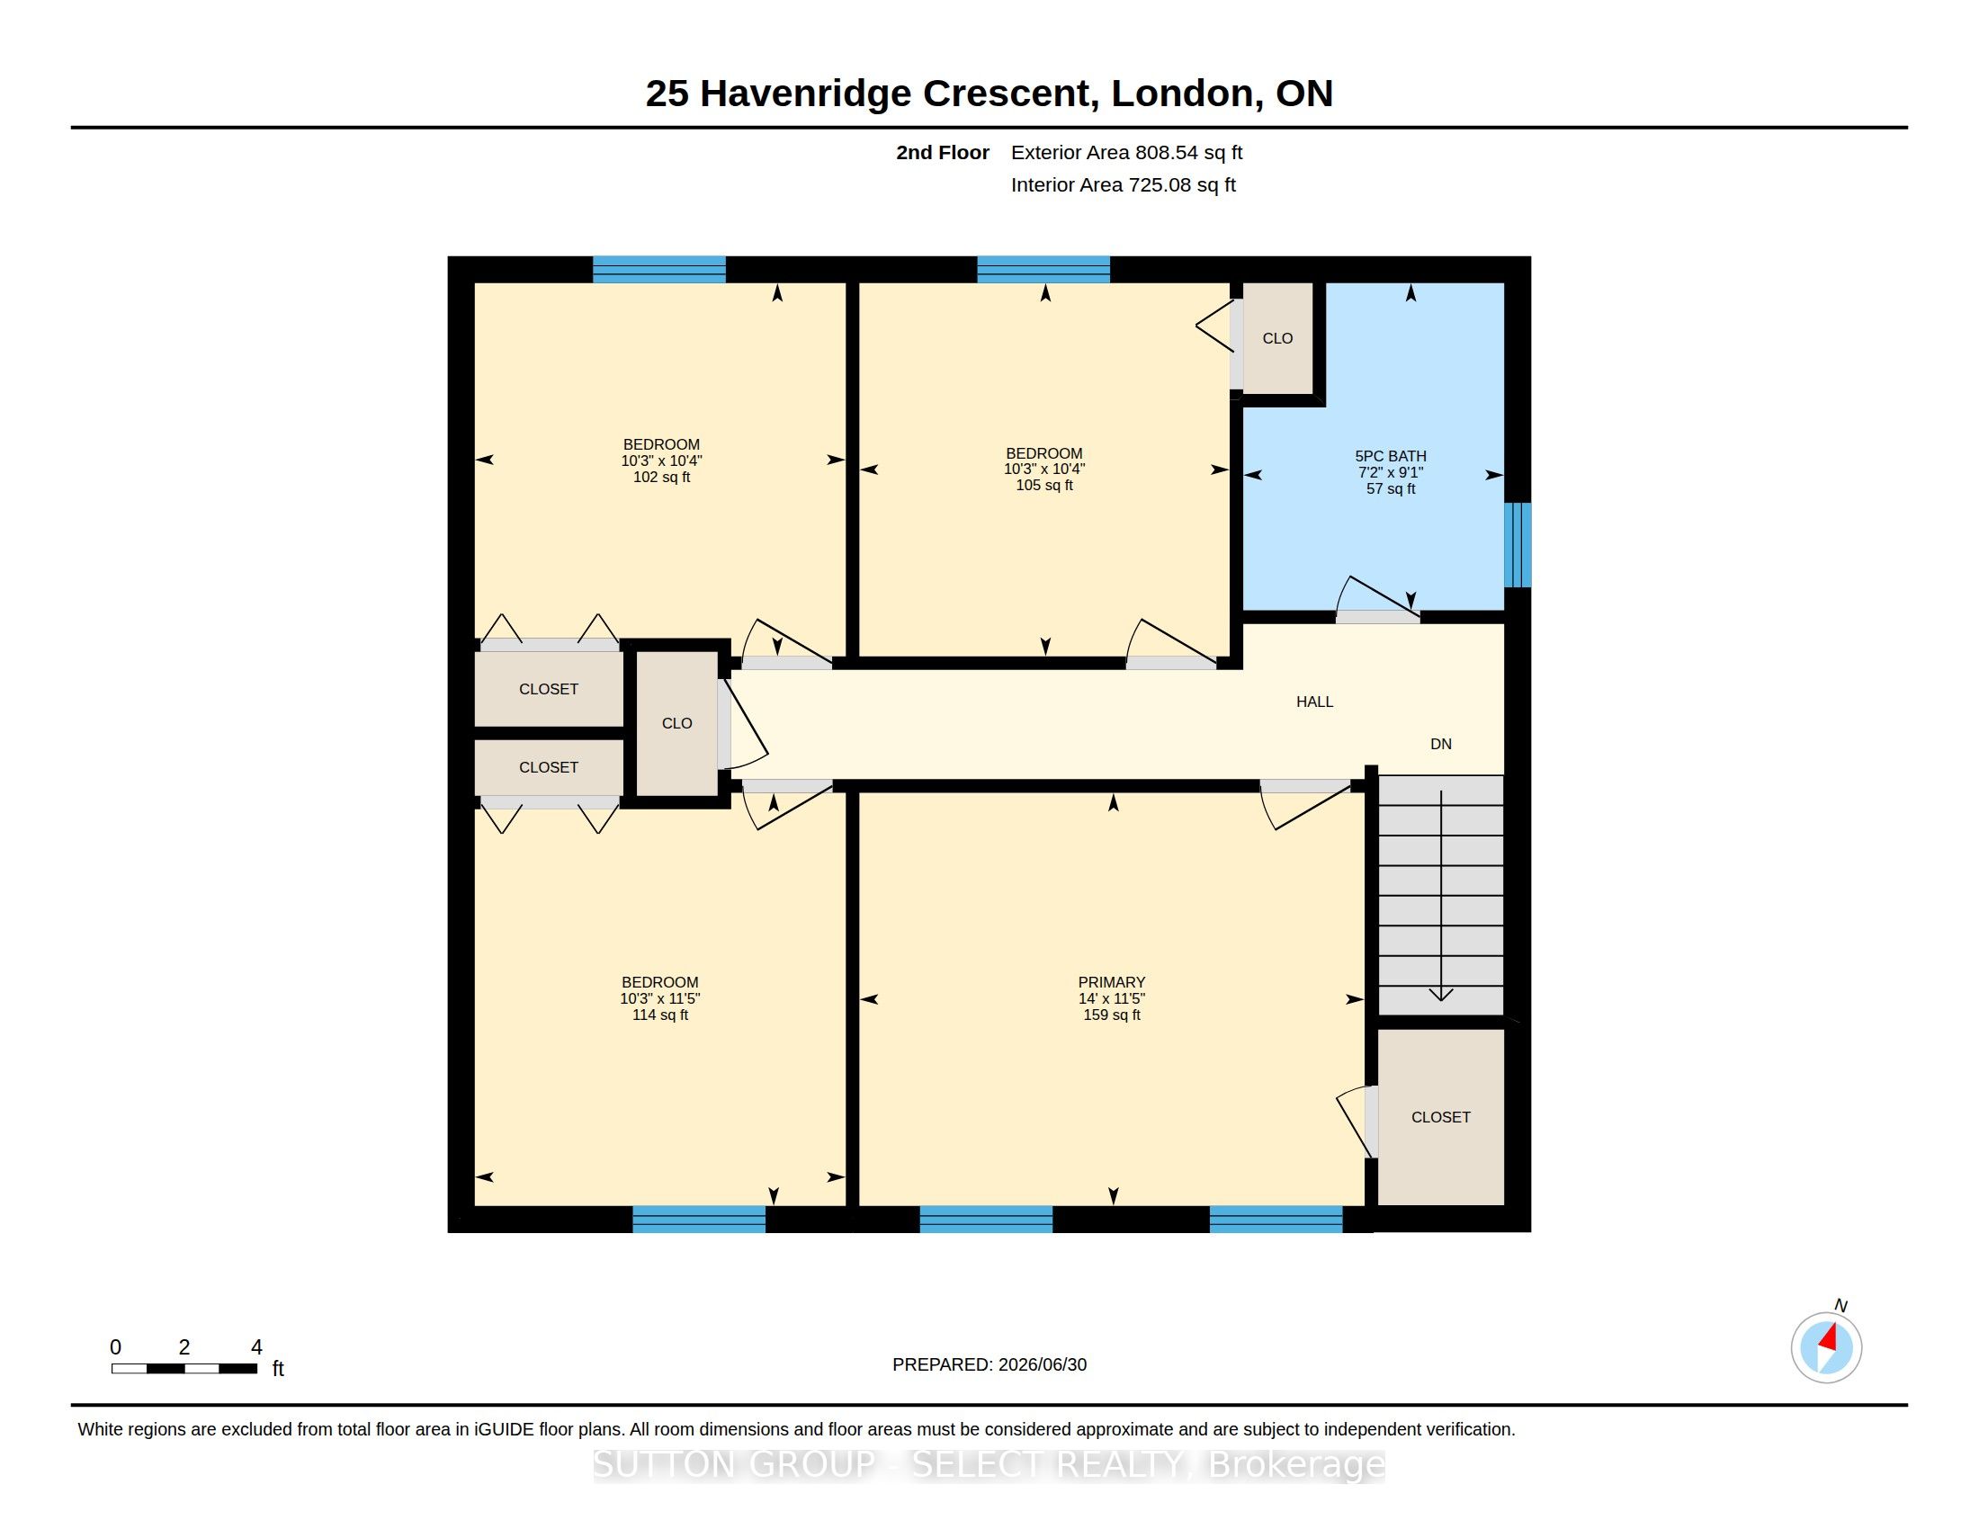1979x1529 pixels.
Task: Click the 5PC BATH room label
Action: (1390, 457)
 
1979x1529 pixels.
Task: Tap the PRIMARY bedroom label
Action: (1112, 982)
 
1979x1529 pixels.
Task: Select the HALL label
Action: (1314, 702)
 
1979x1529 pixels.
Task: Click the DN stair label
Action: (1441, 744)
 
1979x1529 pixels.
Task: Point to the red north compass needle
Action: (1829, 1338)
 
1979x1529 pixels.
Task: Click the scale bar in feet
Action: (184, 1368)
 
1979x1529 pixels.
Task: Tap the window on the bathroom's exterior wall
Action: (1518, 545)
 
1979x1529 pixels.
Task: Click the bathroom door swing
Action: (1377, 599)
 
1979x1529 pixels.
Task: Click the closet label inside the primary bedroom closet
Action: (1441, 1117)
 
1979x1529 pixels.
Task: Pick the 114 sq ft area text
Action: (659, 1015)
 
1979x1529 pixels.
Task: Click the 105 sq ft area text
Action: (1043, 486)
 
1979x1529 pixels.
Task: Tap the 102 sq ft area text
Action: (661, 477)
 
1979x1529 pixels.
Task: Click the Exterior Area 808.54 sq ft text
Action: (1126, 152)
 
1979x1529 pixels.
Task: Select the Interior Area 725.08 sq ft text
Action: (1124, 184)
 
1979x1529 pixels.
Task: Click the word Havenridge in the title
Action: (806, 94)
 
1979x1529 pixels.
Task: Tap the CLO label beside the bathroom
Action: (1277, 338)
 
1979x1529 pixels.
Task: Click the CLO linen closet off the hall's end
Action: (676, 723)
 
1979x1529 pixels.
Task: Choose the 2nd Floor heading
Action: (943, 152)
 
